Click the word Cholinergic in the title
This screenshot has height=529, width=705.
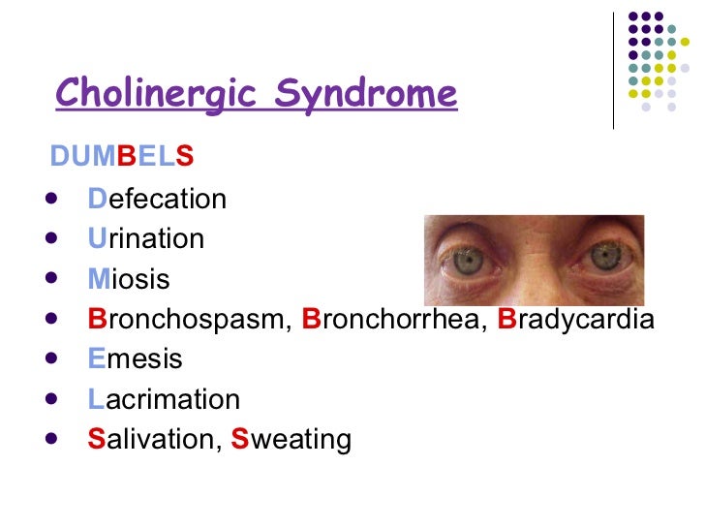pyautogui.click(x=160, y=95)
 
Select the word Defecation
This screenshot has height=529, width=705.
pyautogui.click(x=157, y=199)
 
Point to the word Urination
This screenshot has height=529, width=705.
pyautogui.click(x=145, y=238)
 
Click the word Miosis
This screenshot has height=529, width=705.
pyautogui.click(x=129, y=279)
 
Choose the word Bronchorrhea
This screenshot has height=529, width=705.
pyautogui.click(x=395, y=319)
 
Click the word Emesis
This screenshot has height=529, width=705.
pyautogui.click(x=135, y=358)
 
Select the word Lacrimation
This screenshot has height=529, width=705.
pyautogui.click(x=164, y=399)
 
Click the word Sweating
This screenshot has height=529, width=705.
pyautogui.click(x=291, y=439)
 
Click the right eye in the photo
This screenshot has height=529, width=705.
pyautogui.click(x=605, y=257)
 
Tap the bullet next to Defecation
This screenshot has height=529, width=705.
pyautogui.click(x=50, y=199)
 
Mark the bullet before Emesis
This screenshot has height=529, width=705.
pyautogui.click(x=50, y=358)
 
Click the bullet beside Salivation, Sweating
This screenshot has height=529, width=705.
pyautogui.click(x=50, y=439)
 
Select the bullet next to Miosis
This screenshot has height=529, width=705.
pyautogui.click(x=50, y=279)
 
